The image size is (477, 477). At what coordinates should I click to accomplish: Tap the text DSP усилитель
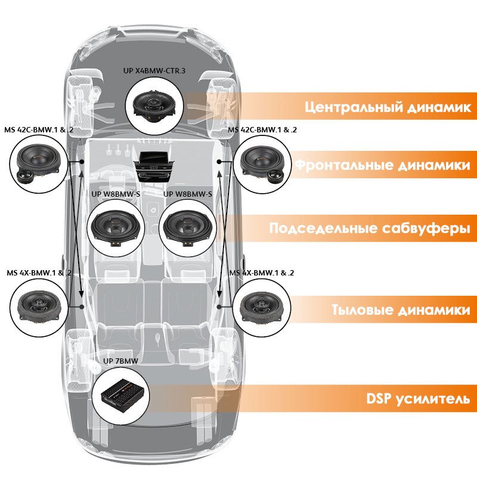[413, 398]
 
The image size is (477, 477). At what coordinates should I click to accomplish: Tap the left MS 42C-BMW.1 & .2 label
[39, 129]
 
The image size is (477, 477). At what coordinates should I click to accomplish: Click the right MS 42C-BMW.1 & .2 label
[263, 129]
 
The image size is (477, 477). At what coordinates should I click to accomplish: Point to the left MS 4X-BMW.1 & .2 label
[39, 272]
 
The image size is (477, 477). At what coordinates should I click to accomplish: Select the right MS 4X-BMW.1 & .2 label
[262, 272]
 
